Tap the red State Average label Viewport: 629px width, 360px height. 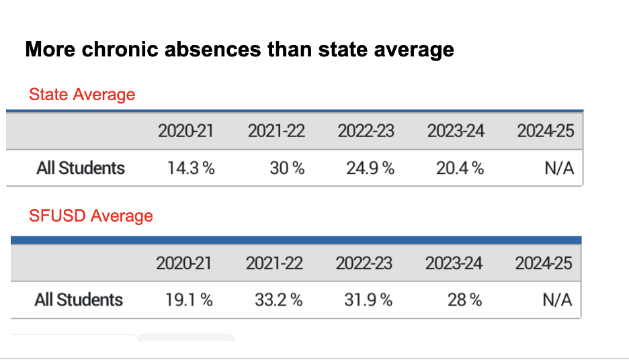(82, 95)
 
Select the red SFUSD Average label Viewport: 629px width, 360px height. (91, 216)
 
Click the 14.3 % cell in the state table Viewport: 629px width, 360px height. (191, 168)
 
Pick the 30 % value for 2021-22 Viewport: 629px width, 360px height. (287, 168)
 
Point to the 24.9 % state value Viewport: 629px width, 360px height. (370, 168)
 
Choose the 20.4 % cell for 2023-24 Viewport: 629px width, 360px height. (460, 168)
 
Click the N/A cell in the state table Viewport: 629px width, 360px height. (559, 168)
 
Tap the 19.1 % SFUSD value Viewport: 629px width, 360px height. (189, 300)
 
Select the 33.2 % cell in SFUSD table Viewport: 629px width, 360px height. (278, 300)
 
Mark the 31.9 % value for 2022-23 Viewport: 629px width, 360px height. (368, 300)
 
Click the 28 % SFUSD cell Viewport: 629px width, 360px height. (465, 300)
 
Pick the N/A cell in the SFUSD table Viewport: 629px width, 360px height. (557, 300)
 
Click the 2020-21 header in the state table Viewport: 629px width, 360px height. (185, 131)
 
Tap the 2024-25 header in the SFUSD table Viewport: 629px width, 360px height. (544, 263)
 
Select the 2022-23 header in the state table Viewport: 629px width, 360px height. (366, 131)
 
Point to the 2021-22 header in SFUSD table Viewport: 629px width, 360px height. (274, 263)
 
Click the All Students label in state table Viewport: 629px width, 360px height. (81, 168)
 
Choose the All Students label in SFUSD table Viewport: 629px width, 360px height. (79, 300)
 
